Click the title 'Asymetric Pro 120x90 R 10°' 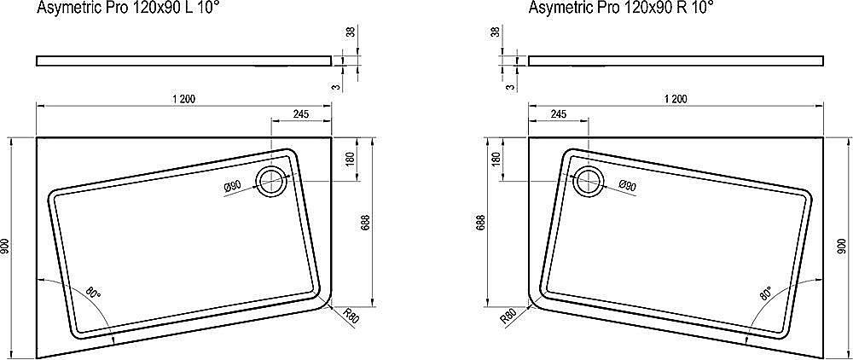(x=620, y=9)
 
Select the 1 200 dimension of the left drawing (x=183, y=99)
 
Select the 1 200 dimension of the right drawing (x=676, y=99)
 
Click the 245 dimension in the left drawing (x=300, y=113)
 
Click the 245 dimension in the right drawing (x=559, y=113)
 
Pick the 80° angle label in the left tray (x=93, y=294)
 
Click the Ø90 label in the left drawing (x=234, y=187)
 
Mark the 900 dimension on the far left (x=7, y=247)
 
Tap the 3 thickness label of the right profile (x=508, y=86)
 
